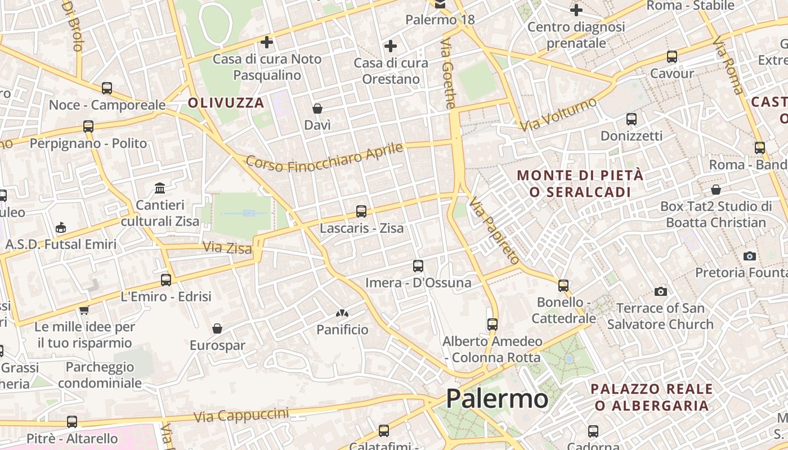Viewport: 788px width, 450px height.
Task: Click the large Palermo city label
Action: click(x=497, y=399)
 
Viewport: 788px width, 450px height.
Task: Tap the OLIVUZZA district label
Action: click(x=226, y=103)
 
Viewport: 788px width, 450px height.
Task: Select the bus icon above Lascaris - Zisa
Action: click(x=361, y=211)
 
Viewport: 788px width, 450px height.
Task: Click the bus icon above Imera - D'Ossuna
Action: click(x=418, y=265)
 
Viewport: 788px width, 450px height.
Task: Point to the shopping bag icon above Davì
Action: click(x=317, y=108)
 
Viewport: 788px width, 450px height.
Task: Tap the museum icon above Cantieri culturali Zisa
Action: click(x=160, y=187)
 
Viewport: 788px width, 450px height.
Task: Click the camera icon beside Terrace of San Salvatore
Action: click(x=661, y=291)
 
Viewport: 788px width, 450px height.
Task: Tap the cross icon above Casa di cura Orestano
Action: click(x=391, y=46)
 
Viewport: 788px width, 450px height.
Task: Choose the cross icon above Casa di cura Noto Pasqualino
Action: click(x=267, y=42)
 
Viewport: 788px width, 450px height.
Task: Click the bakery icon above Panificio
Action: click(x=342, y=313)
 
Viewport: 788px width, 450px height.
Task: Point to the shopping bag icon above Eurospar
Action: click(x=217, y=328)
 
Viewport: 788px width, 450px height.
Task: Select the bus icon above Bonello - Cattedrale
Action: click(x=563, y=285)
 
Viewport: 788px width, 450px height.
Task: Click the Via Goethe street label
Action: click(x=448, y=74)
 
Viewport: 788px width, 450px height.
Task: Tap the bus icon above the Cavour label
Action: click(x=672, y=57)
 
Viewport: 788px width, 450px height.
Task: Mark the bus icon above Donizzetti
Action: click(x=632, y=119)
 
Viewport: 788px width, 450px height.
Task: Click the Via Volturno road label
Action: click(x=558, y=114)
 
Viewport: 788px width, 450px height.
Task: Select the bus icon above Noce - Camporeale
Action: click(x=107, y=88)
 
